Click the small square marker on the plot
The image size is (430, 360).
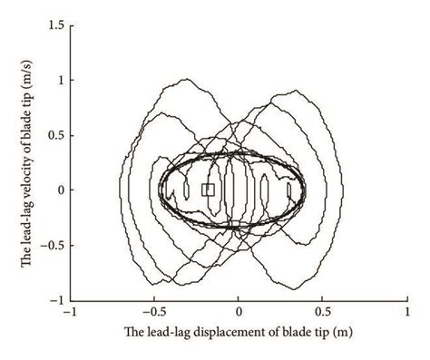[x=208, y=190]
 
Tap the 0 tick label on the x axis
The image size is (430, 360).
[x=239, y=313]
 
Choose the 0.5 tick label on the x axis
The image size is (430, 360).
[x=322, y=313]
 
